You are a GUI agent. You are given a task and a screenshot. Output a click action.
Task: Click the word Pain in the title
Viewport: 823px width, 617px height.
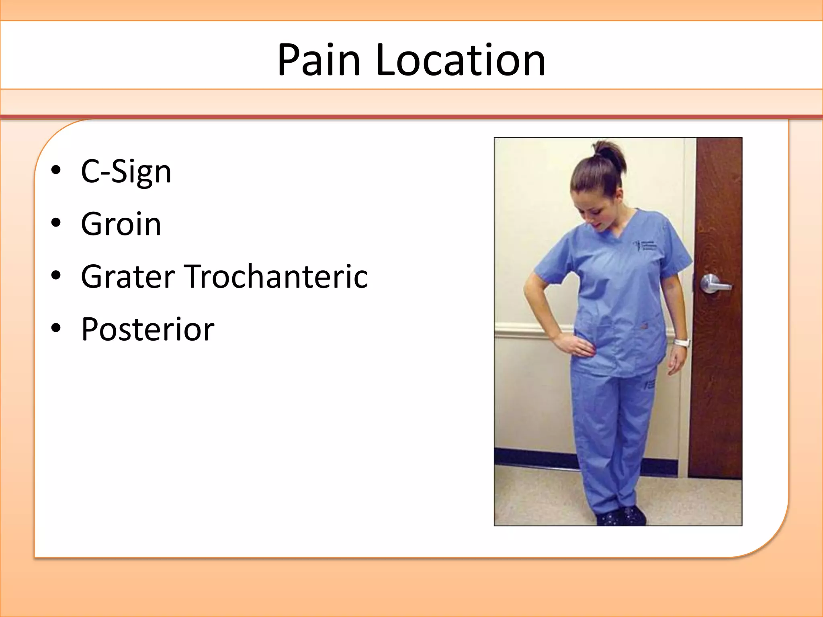319,60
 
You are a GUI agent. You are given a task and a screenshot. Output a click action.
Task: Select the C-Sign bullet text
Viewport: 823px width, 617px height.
126,172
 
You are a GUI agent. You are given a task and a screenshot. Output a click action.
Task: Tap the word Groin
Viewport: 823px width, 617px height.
121,224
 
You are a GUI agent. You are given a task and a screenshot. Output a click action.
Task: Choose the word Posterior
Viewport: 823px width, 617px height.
147,329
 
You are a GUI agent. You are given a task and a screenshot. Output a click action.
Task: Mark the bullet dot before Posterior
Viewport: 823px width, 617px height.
56,328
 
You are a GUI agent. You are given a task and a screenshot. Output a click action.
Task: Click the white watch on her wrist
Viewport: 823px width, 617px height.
682,343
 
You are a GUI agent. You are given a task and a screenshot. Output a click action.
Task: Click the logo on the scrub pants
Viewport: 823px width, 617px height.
650,384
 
